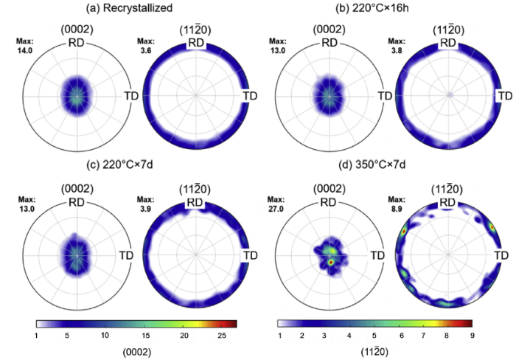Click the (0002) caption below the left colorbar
(137, 350)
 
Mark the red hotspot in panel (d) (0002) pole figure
(331, 261)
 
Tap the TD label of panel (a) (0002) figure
(131, 97)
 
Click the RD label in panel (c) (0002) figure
(76, 202)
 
